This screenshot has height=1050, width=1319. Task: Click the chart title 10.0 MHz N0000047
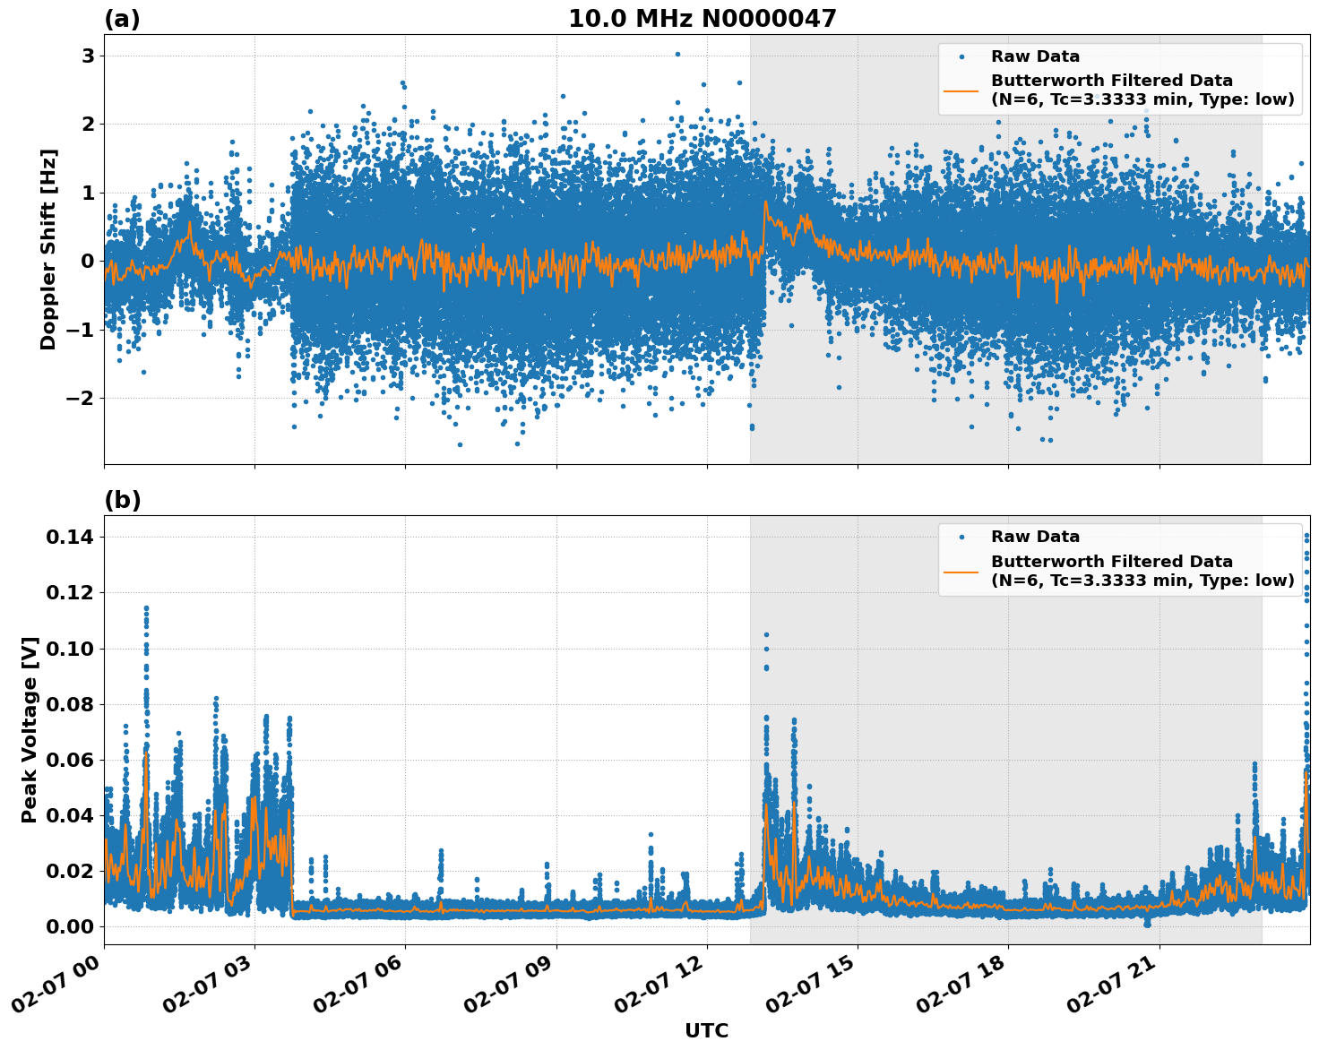pyautogui.click(x=702, y=19)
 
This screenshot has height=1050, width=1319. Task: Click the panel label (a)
pyautogui.click(x=122, y=19)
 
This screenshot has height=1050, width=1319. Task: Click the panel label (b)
pyautogui.click(x=122, y=500)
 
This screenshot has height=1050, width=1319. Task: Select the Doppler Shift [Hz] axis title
pyautogui.click(x=48, y=249)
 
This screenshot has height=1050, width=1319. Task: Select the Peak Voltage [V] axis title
pyautogui.click(x=30, y=729)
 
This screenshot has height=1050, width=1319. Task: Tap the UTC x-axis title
pyautogui.click(x=706, y=1030)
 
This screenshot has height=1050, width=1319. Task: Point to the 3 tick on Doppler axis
pyautogui.click(x=89, y=56)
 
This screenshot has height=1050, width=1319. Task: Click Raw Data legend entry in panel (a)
pyautogui.click(x=1035, y=56)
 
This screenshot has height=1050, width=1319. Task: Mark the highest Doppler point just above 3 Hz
pyautogui.click(x=677, y=54)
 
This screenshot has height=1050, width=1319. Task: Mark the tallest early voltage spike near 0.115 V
pyautogui.click(x=146, y=608)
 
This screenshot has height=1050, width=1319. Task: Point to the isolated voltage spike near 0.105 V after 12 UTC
pyautogui.click(x=766, y=635)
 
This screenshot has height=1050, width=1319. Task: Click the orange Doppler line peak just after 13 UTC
pyautogui.click(x=765, y=202)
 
